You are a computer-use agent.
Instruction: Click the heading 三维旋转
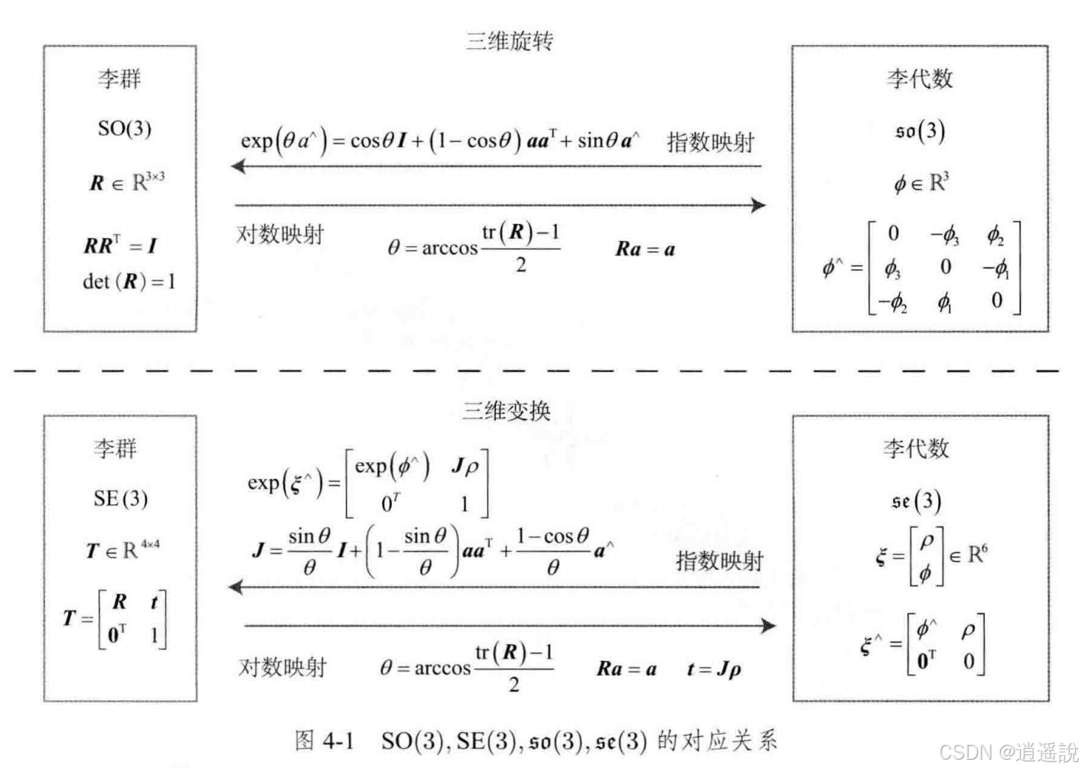click(509, 41)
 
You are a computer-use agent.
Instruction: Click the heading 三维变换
click(506, 411)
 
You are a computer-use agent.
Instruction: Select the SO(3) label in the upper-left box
click(124, 128)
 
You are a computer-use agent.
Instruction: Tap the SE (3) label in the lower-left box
click(120, 499)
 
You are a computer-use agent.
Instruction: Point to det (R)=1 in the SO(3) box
click(129, 282)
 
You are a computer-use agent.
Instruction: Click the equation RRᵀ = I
click(120, 246)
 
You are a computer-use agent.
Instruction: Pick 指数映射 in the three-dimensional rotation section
click(710, 142)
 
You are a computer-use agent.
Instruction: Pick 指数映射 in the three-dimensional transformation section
click(719, 561)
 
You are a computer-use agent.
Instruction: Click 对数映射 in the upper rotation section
click(280, 233)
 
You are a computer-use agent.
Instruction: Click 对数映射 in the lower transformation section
click(282, 667)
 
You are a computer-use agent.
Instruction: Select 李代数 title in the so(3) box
click(920, 78)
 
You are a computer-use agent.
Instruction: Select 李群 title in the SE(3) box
click(116, 448)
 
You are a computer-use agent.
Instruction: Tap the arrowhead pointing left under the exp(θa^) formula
click(239, 166)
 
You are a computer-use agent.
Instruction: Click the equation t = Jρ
click(713, 669)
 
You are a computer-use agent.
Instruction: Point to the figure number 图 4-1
click(324, 740)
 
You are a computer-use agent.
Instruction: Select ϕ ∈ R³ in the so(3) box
click(921, 183)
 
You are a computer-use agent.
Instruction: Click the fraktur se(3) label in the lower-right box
click(916, 501)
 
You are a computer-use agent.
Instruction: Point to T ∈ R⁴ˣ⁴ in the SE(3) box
click(122, 549)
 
